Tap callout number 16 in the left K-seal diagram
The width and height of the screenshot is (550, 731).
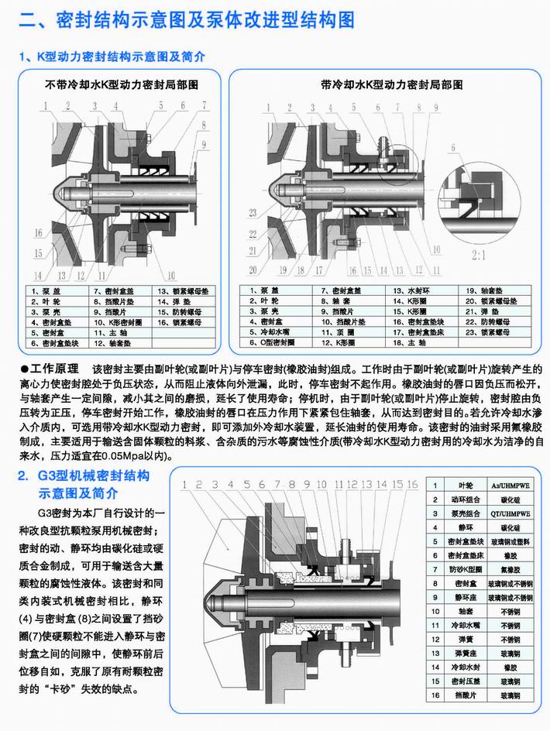[x=37, y=230]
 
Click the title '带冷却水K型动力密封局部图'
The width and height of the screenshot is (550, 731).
[x=385, y=83]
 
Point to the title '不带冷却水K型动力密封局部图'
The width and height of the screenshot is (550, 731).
[x=122, y=83]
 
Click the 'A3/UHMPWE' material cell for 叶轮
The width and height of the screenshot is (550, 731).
[x=511, y=485]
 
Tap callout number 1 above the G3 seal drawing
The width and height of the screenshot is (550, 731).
[x=184, y=485]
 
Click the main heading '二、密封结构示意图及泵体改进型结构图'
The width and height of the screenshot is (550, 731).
[x=187, y=19]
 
